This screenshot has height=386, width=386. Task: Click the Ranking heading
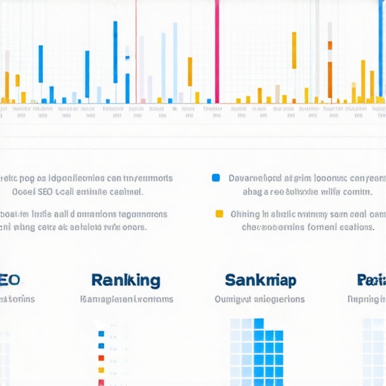(x=125, y=280)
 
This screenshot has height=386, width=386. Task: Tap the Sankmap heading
(x=260, y=280)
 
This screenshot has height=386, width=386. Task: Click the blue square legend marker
(x=216, y=179)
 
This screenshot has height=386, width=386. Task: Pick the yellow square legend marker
(x=219, y=213)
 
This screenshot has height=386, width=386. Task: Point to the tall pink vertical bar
(x=217, y=51)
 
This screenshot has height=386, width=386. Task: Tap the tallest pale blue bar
(x=176, y=60)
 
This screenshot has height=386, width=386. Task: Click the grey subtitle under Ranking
(x=125, y=299)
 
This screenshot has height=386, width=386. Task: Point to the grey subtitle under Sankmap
(x=260, y=299)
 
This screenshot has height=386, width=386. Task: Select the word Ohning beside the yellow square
(x=245, y=213)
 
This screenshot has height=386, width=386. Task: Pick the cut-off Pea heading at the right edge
(x=371, y=280)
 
